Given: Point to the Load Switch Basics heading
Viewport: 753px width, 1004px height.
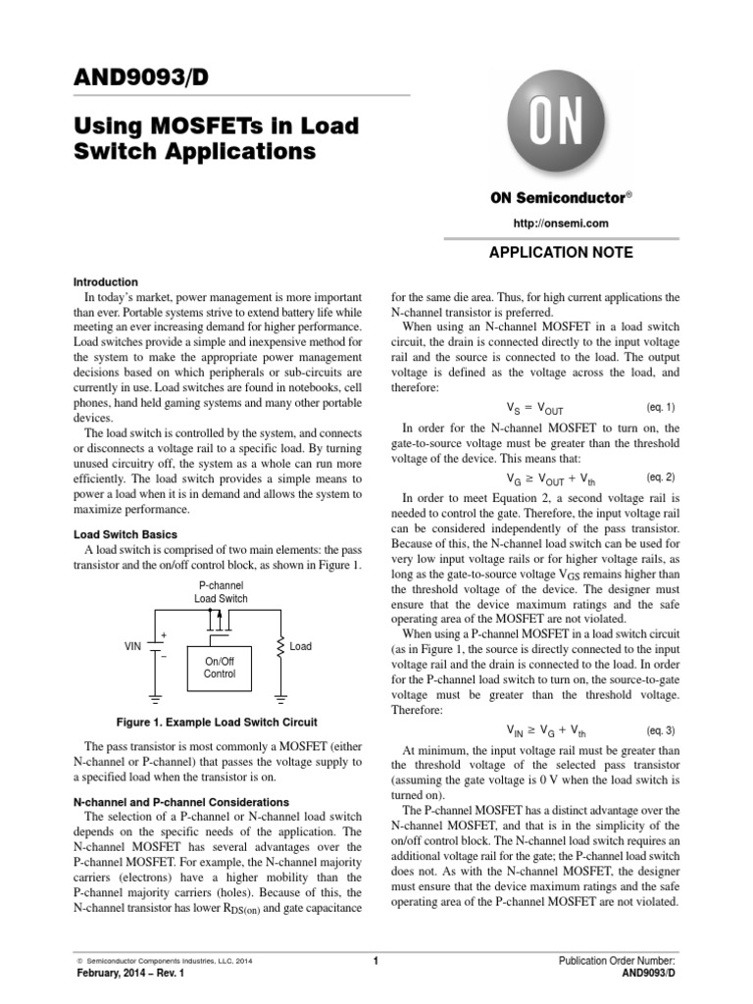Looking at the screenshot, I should coord(125,534).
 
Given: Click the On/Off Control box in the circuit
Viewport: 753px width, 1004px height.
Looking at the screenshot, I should coord(219,668).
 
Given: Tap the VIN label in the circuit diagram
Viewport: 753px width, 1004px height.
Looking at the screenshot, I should coord(133,647).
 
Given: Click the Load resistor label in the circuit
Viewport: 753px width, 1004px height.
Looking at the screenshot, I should coord(300,647).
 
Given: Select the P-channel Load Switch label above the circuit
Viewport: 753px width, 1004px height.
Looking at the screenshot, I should coord(220,591).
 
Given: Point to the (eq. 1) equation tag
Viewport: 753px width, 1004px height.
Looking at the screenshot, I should coord(661,406).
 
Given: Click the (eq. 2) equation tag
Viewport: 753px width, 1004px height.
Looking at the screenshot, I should coord(661,477).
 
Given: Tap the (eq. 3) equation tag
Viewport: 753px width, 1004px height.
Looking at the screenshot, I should coord(661,730).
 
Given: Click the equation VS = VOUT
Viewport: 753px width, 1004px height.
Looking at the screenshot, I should coord(534,407).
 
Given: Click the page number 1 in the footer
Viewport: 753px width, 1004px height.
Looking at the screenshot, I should coord(376,961).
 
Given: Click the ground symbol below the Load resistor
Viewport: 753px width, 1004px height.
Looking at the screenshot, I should coord(281,700).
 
